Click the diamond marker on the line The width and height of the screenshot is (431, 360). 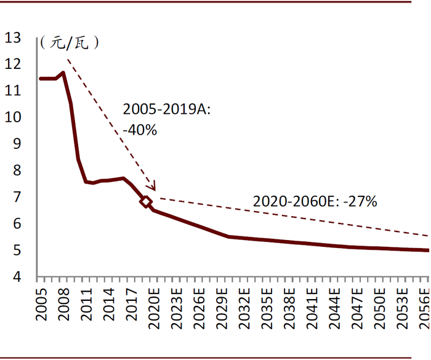146,202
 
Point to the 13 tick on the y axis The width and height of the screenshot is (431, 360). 13,38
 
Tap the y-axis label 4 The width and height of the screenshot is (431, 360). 17,276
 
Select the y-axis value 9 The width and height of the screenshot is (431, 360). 17,143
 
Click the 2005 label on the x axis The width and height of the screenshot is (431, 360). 41,305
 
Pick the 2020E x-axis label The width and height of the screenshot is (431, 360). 154,308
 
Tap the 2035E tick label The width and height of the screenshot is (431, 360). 267,308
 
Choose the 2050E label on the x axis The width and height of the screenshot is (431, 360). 379,308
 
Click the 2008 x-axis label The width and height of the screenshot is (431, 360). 64,305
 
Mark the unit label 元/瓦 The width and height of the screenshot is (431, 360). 69,43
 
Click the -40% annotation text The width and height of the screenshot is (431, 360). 140,130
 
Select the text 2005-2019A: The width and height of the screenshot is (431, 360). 167,109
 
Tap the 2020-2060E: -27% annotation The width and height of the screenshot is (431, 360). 315,201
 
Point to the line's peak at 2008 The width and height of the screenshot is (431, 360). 63,73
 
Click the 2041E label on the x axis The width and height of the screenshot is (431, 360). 312,308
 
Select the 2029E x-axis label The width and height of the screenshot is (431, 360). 222,308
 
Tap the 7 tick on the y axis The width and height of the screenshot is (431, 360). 17,197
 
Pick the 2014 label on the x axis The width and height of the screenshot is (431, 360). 109,305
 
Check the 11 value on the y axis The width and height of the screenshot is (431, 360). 13,90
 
